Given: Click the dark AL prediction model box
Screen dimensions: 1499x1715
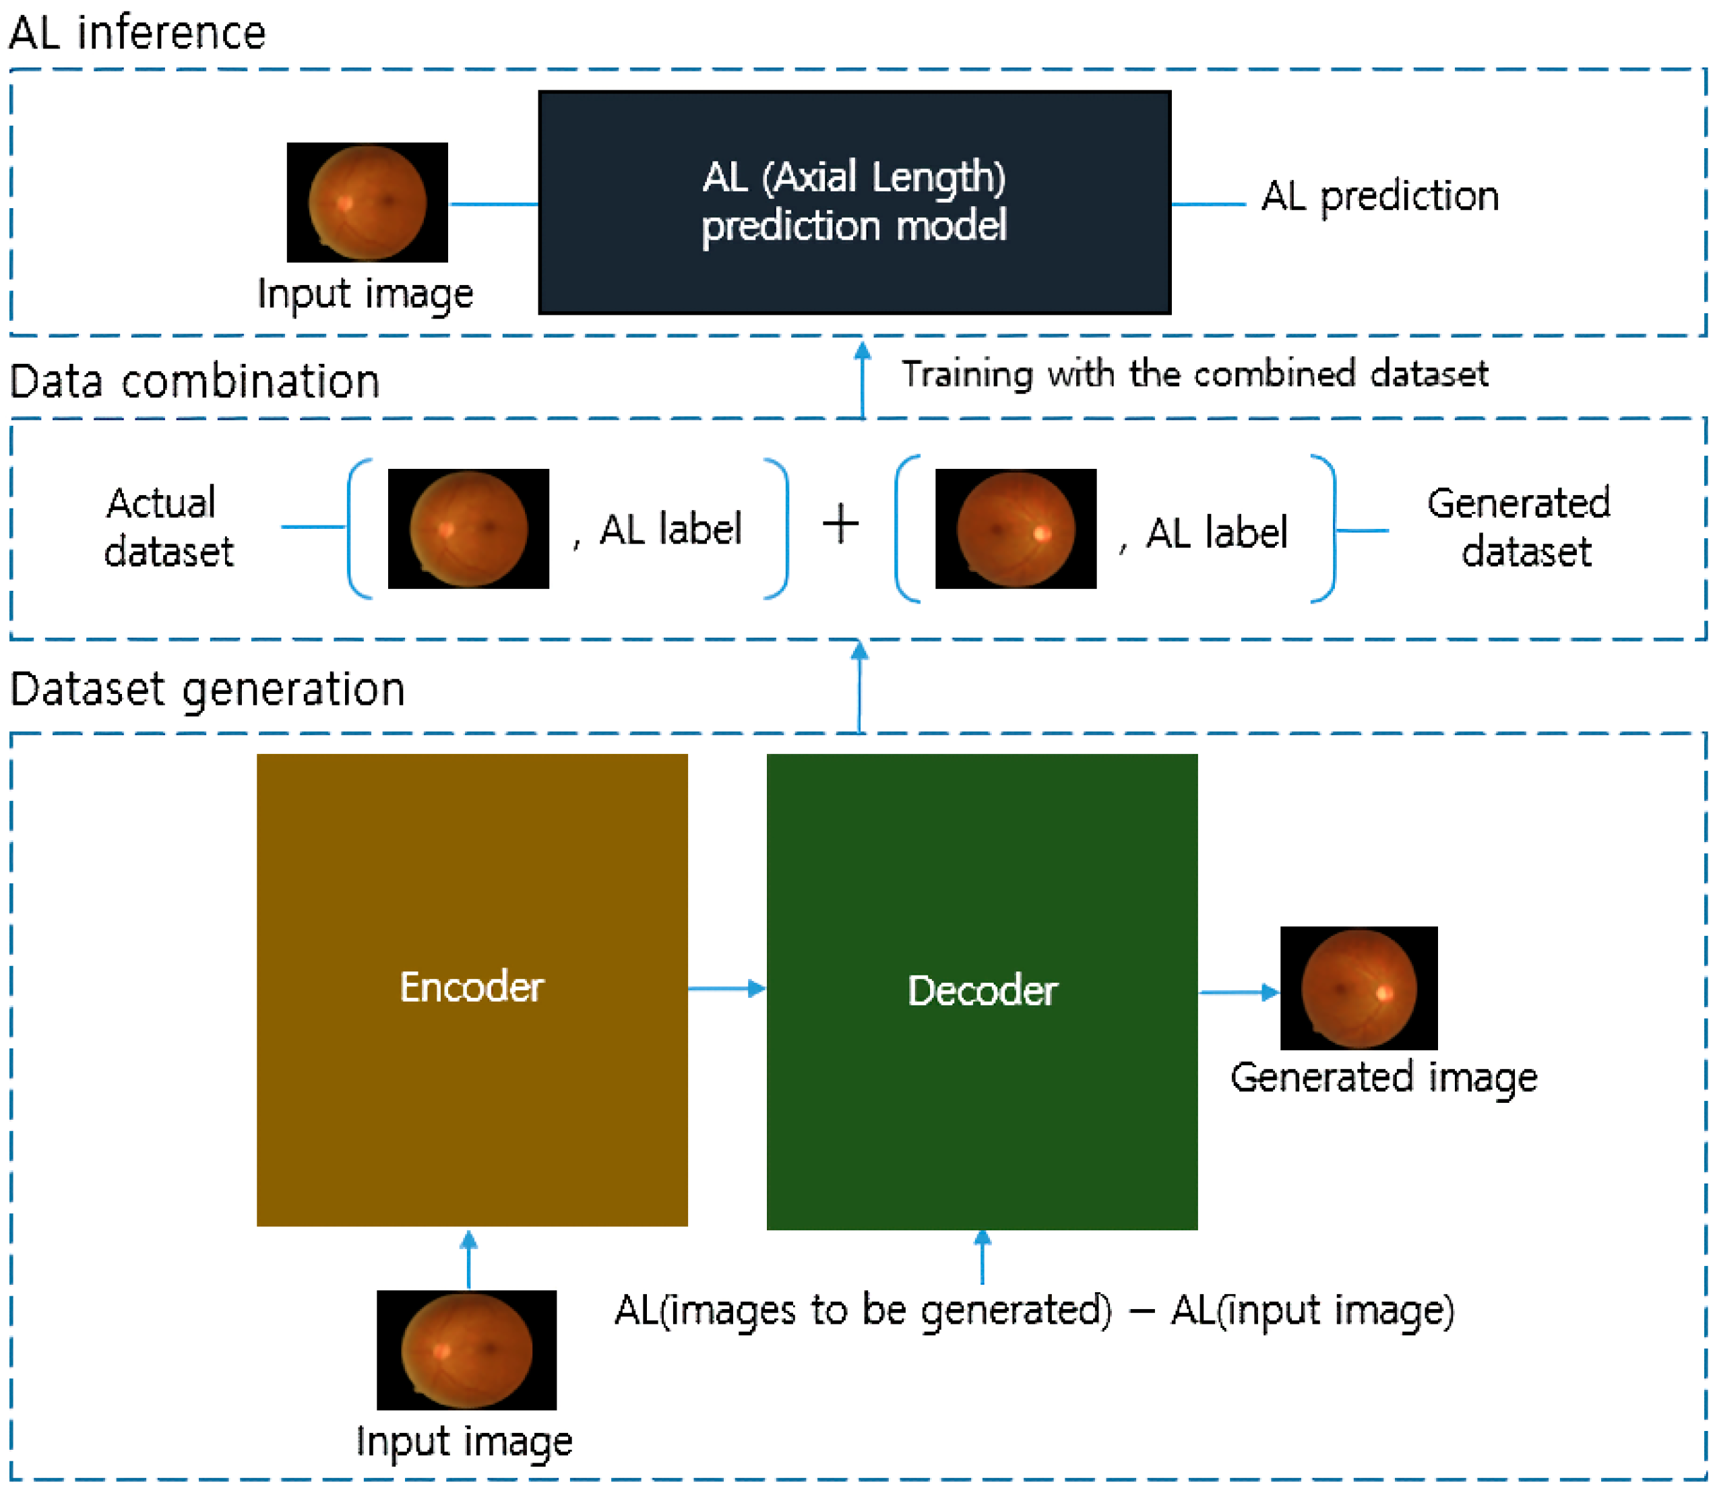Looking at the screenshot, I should (854, 202).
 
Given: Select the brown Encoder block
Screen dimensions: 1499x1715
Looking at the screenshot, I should (472, 990).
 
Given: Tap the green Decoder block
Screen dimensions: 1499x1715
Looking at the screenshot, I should (981, 991).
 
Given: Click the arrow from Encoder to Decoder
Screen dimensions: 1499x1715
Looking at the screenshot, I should (726, 989).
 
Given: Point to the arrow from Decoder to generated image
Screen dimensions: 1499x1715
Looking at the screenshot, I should (1238, 992).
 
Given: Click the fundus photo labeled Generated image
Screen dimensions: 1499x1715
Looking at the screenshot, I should (1359, 988).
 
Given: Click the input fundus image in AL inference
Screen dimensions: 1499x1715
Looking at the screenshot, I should (367, 202).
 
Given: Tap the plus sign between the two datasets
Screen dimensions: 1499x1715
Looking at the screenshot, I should (841, 525).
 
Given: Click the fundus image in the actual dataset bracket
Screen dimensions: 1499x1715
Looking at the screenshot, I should (468, 529).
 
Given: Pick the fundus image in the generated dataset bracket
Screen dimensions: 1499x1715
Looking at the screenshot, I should (1016, 529).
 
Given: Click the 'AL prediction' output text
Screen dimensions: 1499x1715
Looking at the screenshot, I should (1379, 197).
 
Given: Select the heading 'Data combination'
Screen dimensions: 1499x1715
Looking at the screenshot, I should (194, 381).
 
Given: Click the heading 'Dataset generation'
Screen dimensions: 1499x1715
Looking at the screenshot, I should (208, 690).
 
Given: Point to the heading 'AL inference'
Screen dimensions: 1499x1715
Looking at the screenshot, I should (137, 34).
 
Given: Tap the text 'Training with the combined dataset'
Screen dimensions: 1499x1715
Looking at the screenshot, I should (1194, 374).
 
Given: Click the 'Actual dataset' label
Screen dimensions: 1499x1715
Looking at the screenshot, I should (167, 527).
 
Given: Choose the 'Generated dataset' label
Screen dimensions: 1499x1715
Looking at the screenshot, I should (1518, 527).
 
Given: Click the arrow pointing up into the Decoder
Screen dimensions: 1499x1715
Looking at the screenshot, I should (982, 1258).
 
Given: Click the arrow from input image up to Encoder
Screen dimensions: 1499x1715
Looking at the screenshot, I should (468, 1259).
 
